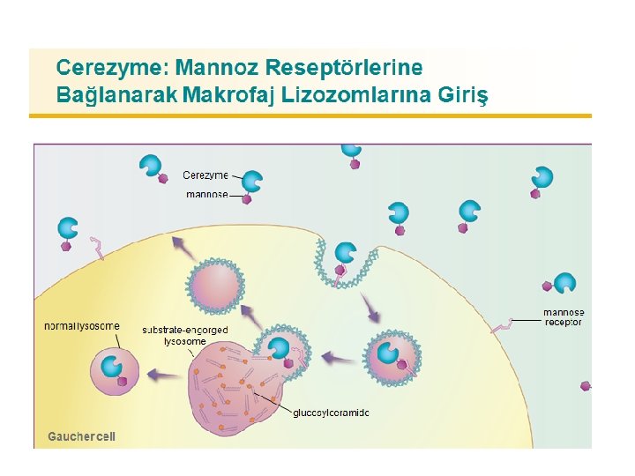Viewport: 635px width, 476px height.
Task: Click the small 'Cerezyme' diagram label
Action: coord(205,175)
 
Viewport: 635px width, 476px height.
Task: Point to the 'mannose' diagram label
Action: coord(206,194)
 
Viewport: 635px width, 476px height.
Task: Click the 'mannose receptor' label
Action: coord(563,317)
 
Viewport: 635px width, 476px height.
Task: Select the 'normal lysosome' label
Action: coord(82,326)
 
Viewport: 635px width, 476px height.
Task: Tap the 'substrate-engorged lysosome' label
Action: coord(185,335)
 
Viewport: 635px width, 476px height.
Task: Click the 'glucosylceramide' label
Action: coord(331,413)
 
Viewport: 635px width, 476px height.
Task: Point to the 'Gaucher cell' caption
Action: coord(81,436)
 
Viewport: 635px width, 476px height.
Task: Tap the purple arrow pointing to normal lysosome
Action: coord(161,375)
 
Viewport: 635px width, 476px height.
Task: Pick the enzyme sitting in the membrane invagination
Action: coord(344,253)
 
